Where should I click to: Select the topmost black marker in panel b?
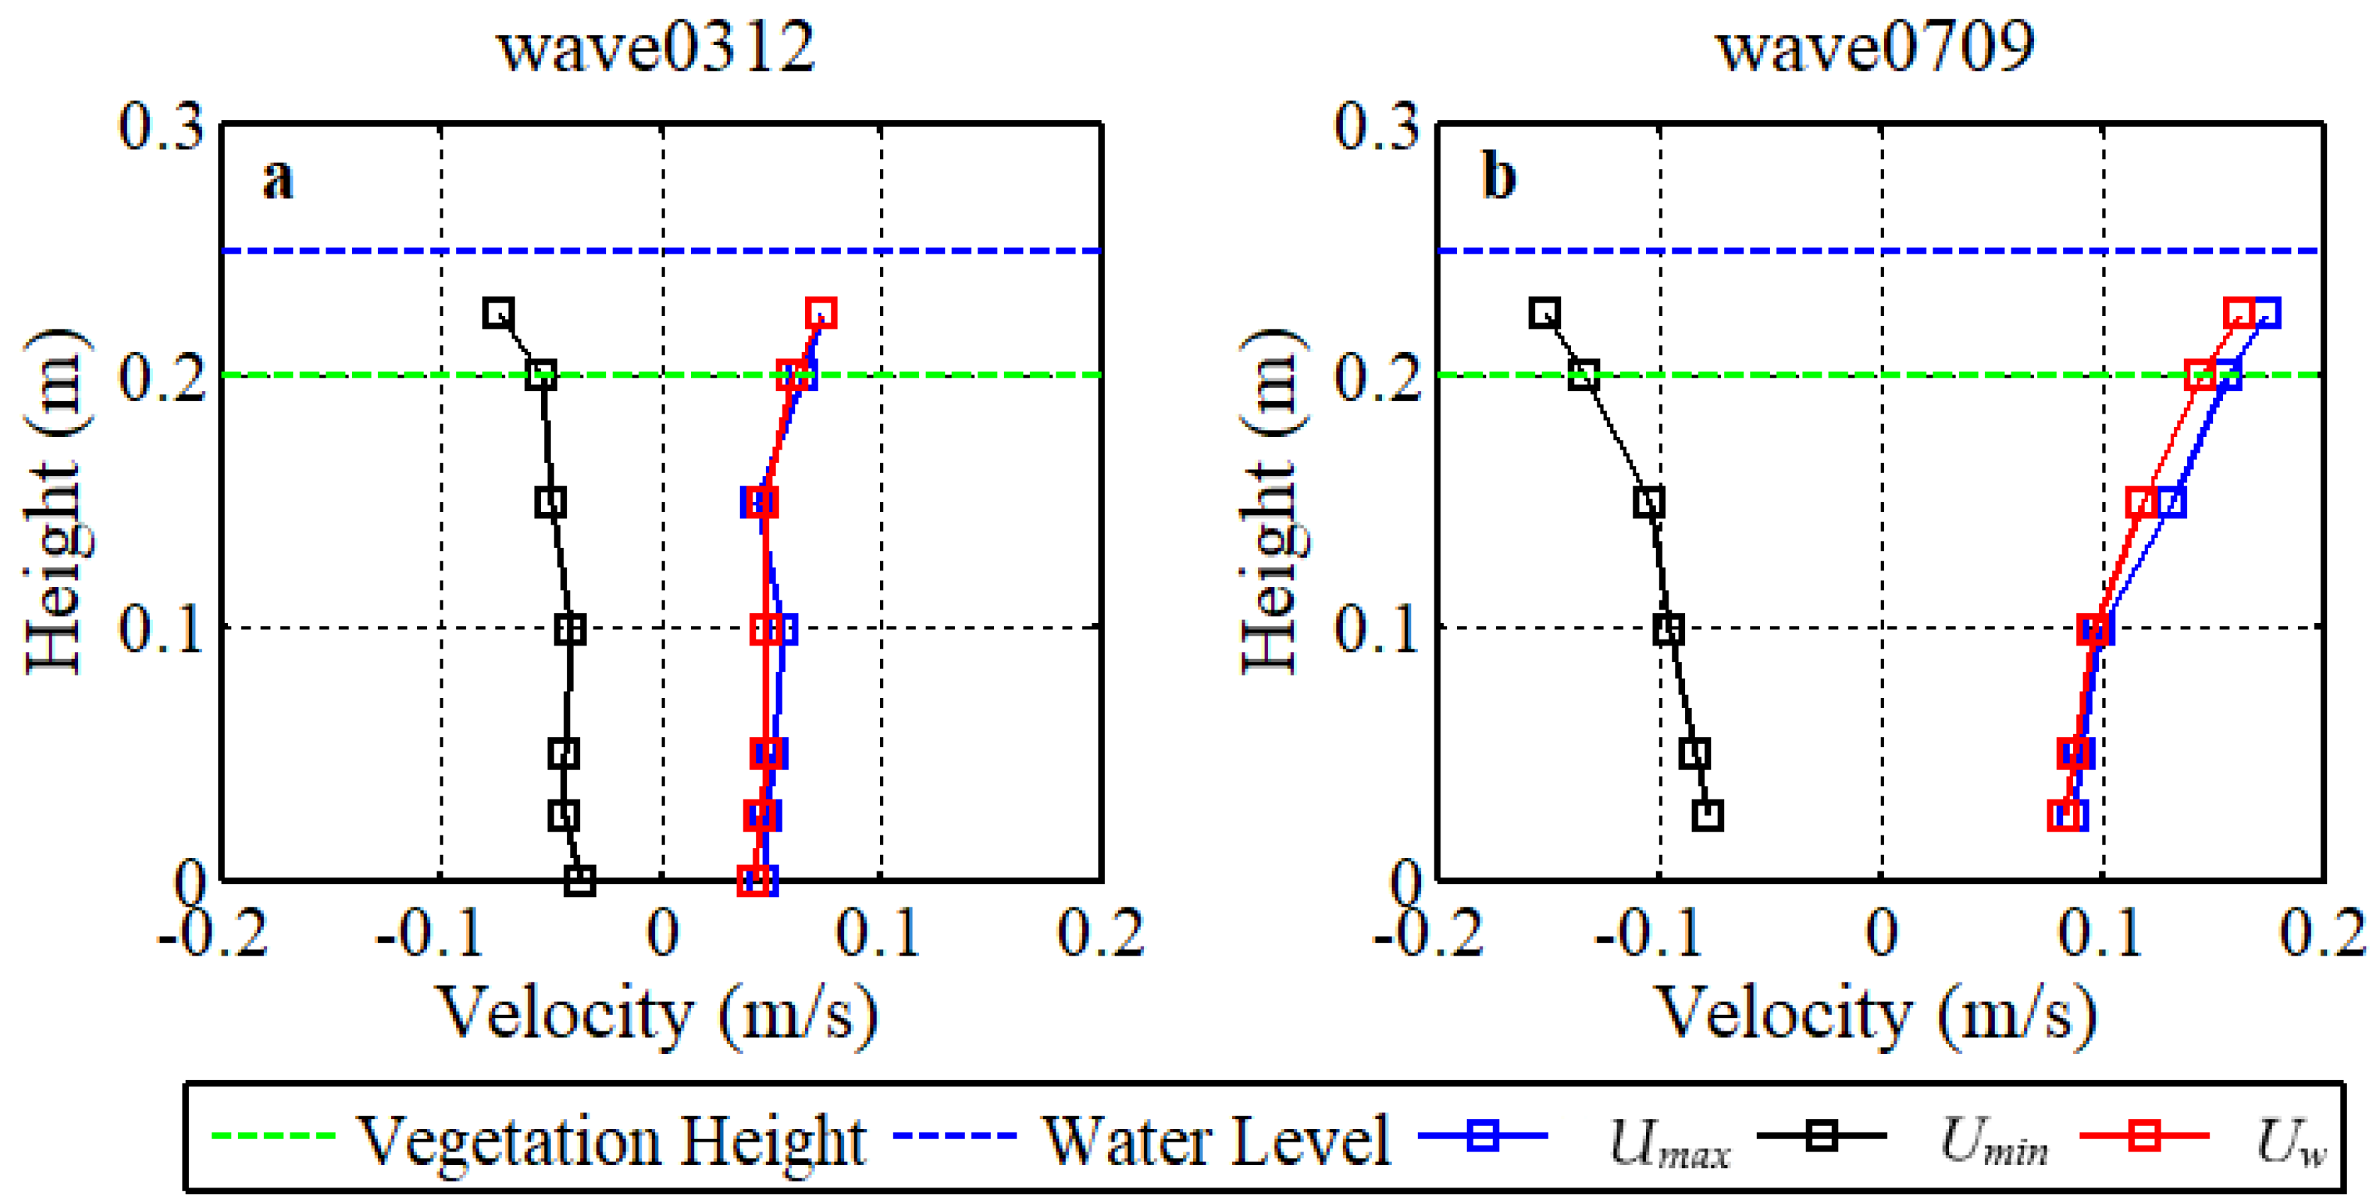1544,313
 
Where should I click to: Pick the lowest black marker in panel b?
1708,815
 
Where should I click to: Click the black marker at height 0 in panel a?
579,880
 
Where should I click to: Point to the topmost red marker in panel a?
821,313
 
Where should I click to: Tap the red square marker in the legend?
2144,1135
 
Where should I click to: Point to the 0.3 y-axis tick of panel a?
161,127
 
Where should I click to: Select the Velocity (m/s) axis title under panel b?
1875,1015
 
